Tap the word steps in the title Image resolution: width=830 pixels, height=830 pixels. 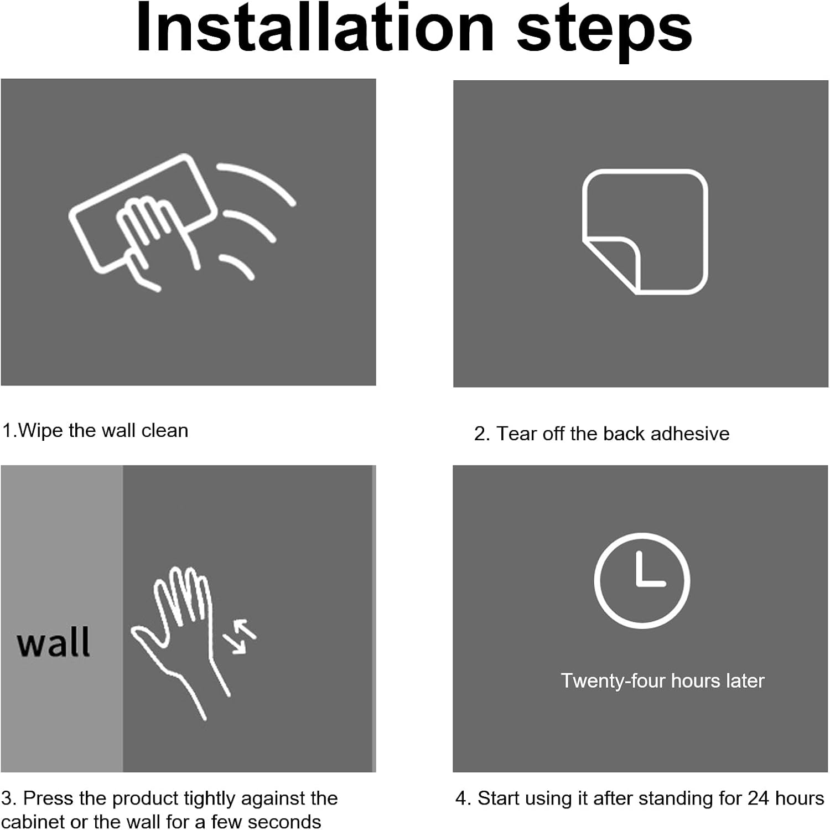pos(604,32)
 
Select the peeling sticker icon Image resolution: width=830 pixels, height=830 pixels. pos(645,231)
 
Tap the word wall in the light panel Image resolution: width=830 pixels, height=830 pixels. pos(53,642)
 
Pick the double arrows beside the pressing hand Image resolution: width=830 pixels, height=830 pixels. pos(240,637)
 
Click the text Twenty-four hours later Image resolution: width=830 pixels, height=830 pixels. pos(662,681)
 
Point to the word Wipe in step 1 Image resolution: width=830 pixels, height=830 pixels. pos(41,431)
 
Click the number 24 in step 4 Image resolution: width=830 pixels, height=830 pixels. pos(759,798)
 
